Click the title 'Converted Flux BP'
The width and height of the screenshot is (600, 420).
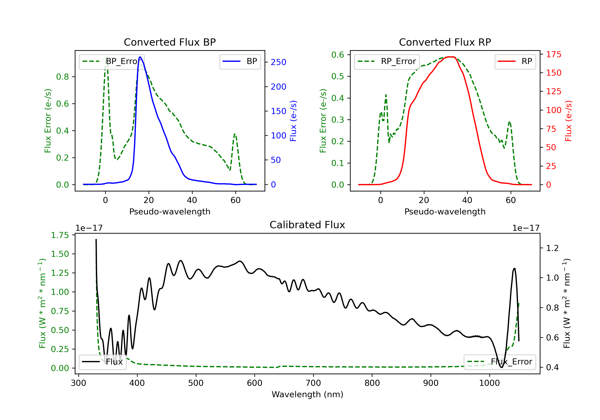pos(170,42)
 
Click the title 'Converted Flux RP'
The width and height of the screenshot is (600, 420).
pos(445,42)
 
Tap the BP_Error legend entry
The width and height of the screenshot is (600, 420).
pos(112,61)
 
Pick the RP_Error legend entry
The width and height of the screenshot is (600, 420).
pos(387,61)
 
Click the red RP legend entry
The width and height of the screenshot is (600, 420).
pos(515,61)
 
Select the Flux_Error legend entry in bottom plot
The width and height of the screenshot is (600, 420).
pos(500,362)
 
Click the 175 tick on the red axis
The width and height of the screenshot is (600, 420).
pos(553,54)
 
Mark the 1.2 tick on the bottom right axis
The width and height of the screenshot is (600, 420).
pos(552,248)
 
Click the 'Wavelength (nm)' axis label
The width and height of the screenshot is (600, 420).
pos(307,394)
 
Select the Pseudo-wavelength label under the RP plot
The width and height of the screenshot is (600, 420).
pos(445,212)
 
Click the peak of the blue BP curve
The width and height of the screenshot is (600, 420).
pos(140,57)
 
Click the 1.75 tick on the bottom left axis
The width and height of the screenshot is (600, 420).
pos(60,235)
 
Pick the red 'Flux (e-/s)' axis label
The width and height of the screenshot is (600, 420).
pos(568,121)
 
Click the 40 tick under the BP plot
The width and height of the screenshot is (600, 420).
pos(192,200)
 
